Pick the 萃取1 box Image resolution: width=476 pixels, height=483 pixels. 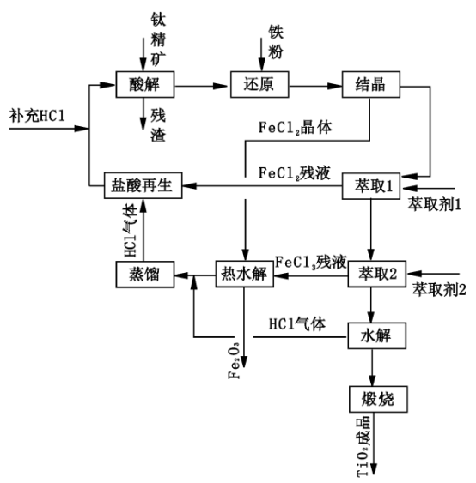click(x=371, y=185)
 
